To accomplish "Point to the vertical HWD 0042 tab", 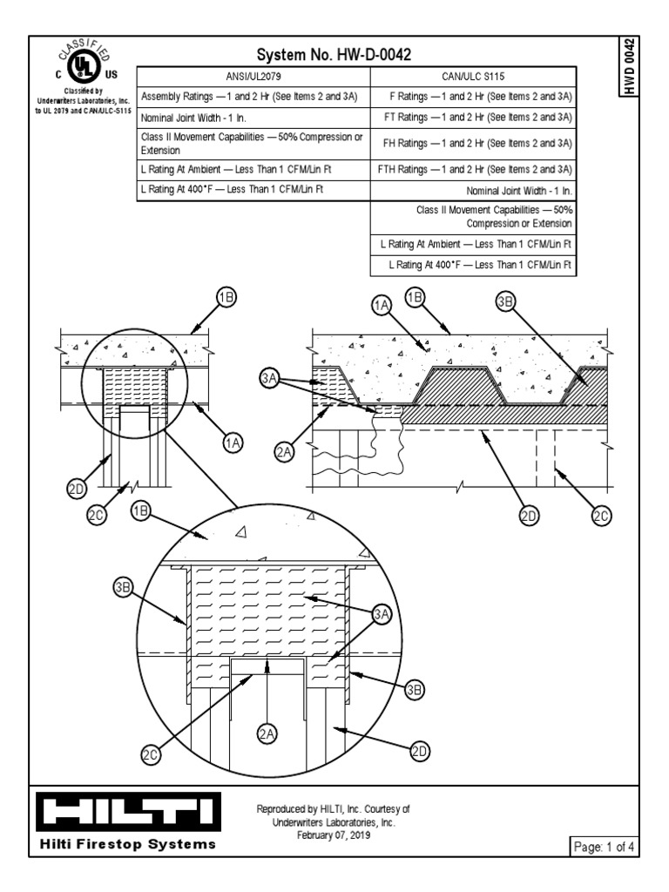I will (630, 69).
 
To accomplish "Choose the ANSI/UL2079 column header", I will (253, 76).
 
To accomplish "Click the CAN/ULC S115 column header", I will (474, 76).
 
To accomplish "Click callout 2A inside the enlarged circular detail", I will (267, 734).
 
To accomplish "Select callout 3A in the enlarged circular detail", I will (382, 615).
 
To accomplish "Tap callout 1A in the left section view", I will (233, 443).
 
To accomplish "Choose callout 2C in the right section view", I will (600, 516).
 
